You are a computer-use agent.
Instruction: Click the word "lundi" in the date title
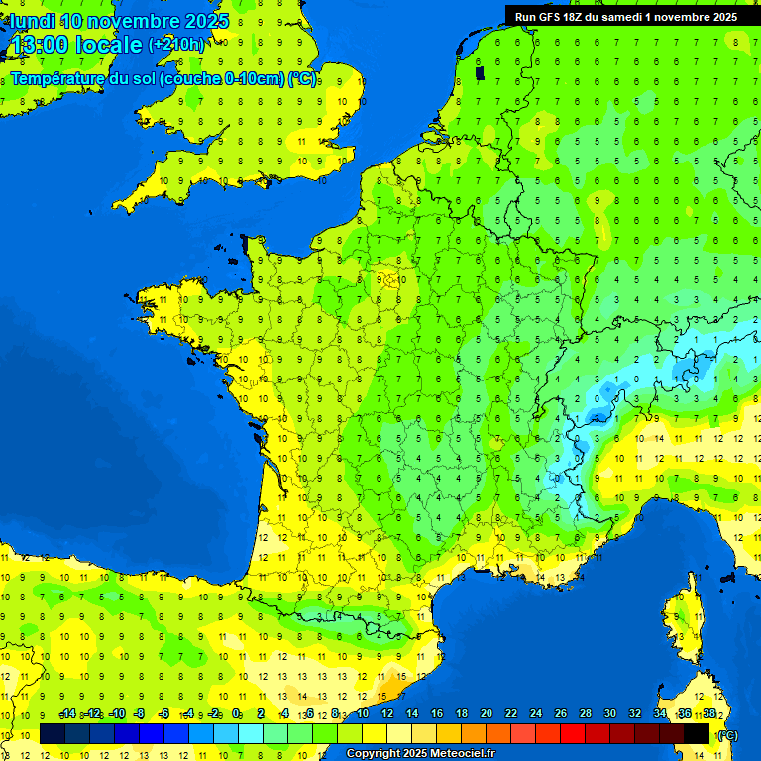[x=32, y=21]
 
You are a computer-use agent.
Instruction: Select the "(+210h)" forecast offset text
[x=176, y=44]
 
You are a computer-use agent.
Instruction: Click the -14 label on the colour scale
[x=68, y=714]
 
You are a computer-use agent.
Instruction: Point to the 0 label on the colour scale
[x=236, y=714]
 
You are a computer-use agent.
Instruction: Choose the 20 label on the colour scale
[x=487, y=714]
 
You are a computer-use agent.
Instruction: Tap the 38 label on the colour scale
[x=709, y=714]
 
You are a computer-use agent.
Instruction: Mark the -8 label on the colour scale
[x=140, y=714]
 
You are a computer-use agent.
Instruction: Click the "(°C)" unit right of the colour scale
[x=728, y=735]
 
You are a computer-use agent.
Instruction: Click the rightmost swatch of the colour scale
[x=697, y=734]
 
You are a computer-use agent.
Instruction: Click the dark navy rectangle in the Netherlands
[x=480, y=72]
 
